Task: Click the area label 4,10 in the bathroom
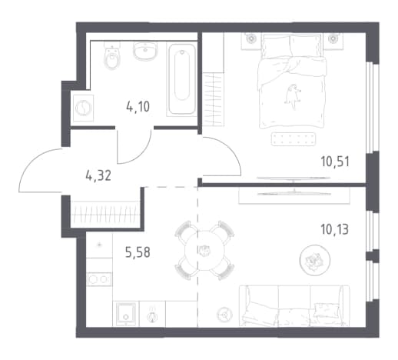[x=138, y=106]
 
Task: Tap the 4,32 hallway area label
[x=98, y=175]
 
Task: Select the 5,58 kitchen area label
[x=138, y=252]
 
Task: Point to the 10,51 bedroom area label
[x=335, y=162]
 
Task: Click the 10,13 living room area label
[x=334, y=229]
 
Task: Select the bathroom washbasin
[x=145, y=52]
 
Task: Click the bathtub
[x=182, y=80]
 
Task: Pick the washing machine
[x=84, y=108]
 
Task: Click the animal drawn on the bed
[x=293, y=97]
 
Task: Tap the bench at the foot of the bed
[x=294, y=138]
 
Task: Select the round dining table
[x=204, y=251]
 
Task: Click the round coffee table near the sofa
[x=315, y=260]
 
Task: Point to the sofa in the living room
[x=294, y=306]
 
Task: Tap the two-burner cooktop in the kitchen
[x=99, y=279]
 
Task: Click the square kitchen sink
[x=126, y=314]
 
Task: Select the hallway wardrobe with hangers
[x=105, y=215]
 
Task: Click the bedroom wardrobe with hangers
[x=213, y=99]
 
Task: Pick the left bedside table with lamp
[x=251, y=41]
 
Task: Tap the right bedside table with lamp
[x=333, y=41]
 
